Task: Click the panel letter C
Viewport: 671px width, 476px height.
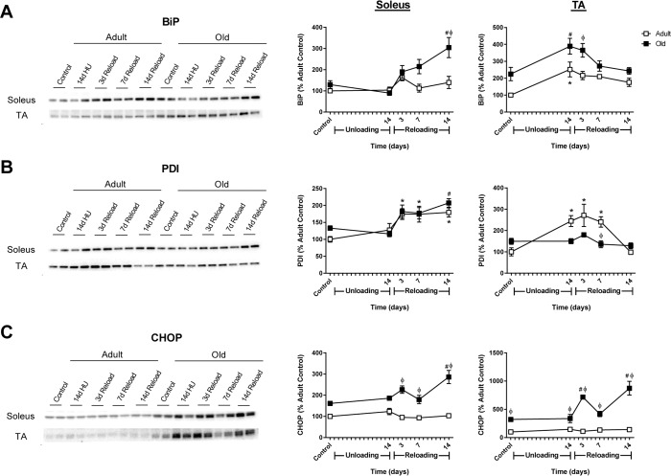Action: pos(9,328)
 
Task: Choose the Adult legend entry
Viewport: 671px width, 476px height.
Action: pos(649,30)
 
